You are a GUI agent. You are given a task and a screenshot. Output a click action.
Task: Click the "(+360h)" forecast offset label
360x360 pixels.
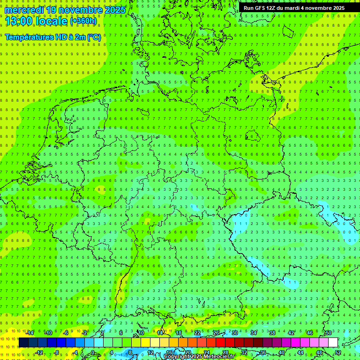[x=83, y=21]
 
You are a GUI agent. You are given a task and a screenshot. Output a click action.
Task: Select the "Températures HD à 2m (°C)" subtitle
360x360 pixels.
[x=52, y=37]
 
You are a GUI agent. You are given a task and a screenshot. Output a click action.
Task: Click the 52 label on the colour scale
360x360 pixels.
[x=338, y=352]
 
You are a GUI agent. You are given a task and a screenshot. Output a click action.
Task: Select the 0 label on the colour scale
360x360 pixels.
[x=92, y=352]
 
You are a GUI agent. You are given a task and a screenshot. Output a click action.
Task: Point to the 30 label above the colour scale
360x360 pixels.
[x=234, y=333]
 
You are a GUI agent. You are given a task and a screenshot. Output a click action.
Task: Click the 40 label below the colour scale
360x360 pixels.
[x=281, y=352]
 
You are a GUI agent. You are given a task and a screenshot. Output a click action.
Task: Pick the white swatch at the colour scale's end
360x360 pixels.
[x=333, y=343]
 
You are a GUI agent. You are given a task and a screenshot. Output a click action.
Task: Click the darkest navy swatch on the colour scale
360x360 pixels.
[x=23, y=343]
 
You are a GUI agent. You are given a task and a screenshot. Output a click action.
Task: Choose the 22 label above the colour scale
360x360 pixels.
[x=197, y=333]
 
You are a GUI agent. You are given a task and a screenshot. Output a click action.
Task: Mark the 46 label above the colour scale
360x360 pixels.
[x=309, y=333]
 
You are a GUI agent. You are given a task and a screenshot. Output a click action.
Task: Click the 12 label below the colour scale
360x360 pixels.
[x=150, y=352]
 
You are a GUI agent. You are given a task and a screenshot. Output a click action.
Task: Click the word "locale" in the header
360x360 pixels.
[x=52, y=21]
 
